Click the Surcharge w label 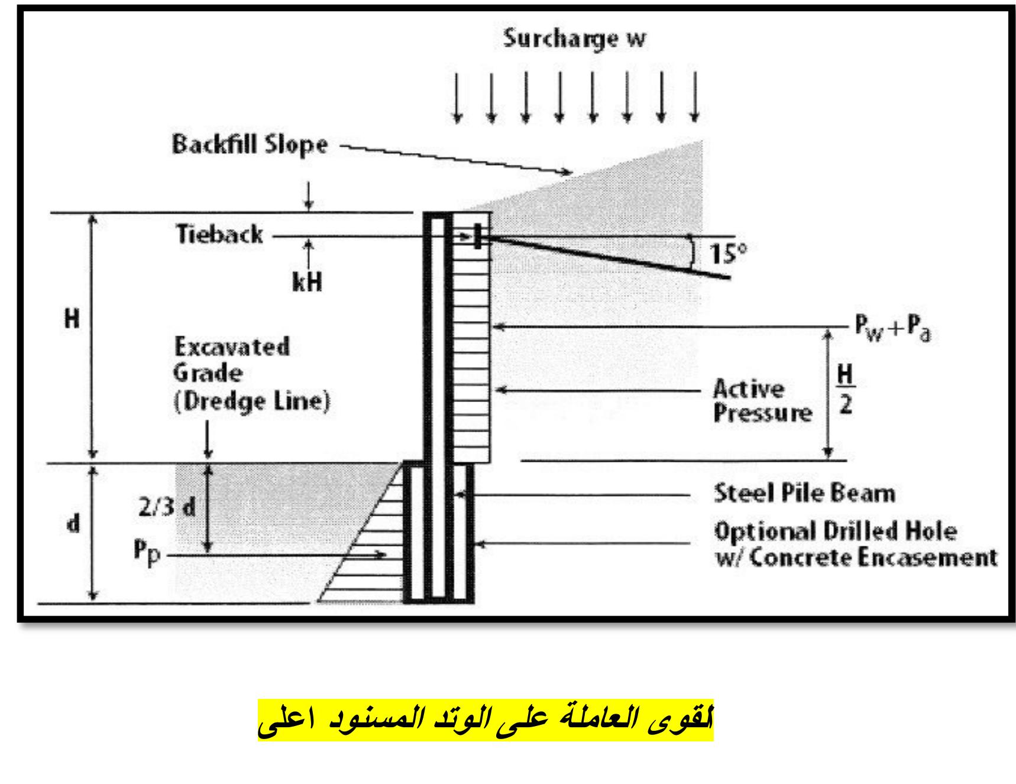point(574,39)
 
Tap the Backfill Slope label point(250,145)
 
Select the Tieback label point(219,235)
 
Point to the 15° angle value point(727,254)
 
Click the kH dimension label point(308,283)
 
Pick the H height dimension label point(72,320)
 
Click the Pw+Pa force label point(892,330)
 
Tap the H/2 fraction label point(846,390)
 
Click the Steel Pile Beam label point(804,493)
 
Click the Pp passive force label point(146,554)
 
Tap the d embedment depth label point(73,524)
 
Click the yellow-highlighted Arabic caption point(486,720)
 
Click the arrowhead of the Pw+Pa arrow point(498,326)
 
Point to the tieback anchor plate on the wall point(477,237)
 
